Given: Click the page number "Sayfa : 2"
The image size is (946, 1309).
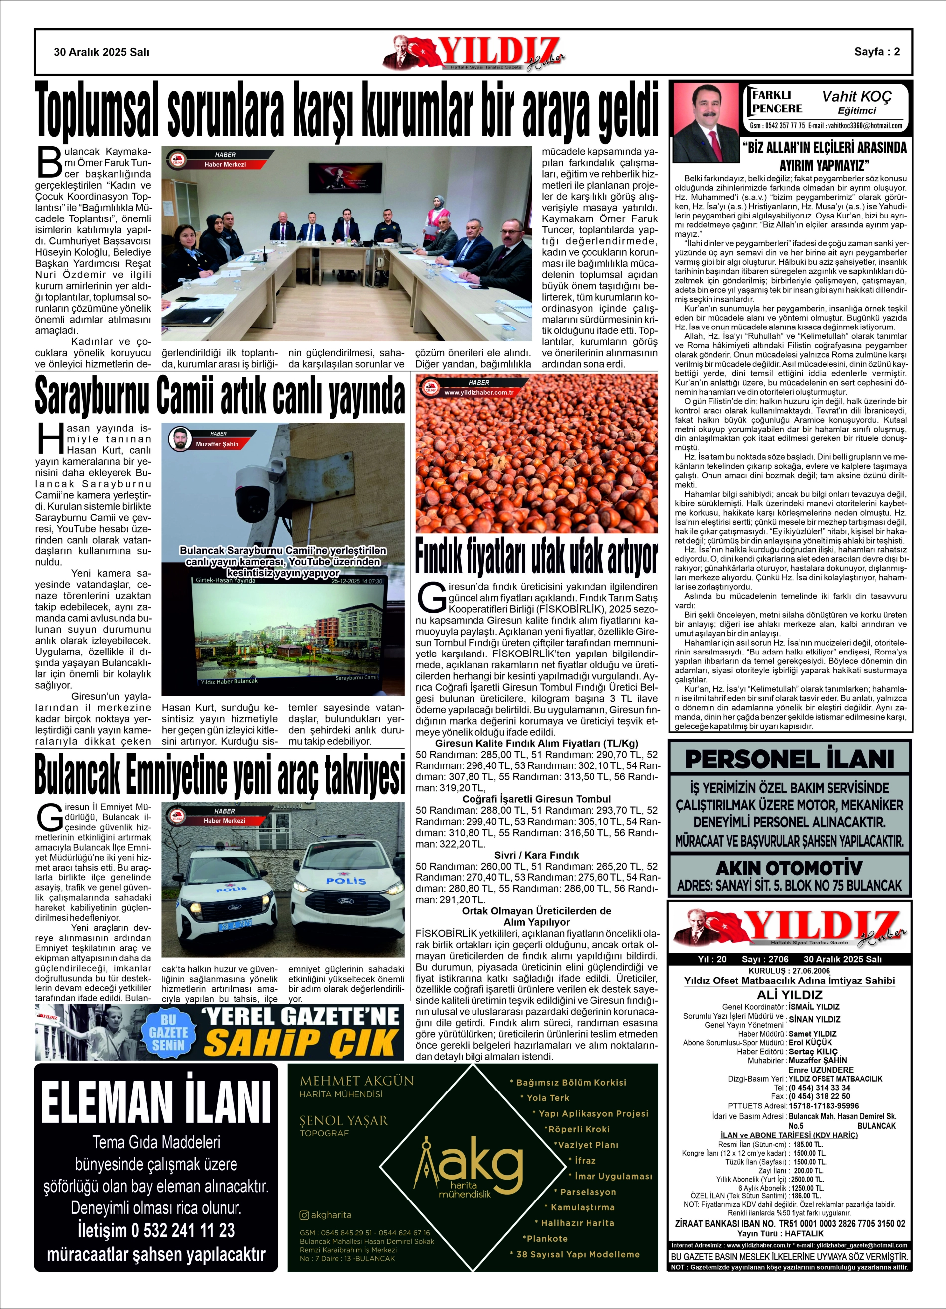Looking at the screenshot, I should coord(877,52).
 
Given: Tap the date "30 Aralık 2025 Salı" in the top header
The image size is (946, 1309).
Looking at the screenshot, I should coord(102,52).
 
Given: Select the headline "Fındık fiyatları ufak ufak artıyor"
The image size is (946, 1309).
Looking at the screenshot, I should coord(537,557).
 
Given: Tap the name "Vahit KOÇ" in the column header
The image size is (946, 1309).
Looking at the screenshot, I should coord(856,96).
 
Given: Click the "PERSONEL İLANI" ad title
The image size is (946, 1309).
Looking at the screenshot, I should coord(790,760).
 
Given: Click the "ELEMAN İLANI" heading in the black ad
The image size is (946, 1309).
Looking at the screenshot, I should coord(156,1102).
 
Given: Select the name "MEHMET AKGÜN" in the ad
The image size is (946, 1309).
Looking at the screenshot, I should coord(357,1081).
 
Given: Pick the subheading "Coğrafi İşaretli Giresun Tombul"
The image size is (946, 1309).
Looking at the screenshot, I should coord(537,799).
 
